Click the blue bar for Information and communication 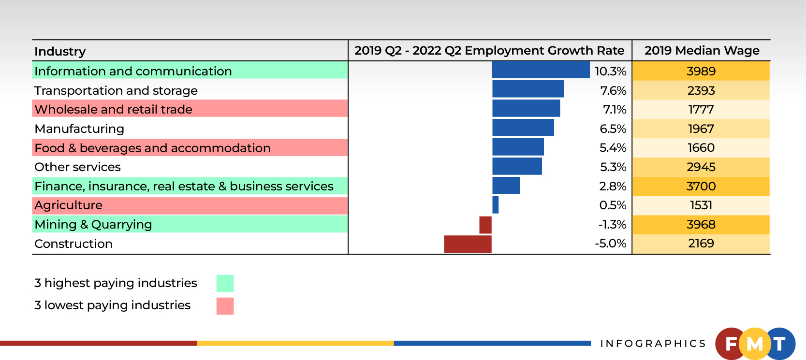point(541,70)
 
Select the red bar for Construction point(468,244)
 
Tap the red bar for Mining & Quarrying point(485,225)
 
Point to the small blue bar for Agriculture point(495,205)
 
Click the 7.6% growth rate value point(613,90)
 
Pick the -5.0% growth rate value point(610,243)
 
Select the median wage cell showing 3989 point(701,71)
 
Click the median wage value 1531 point(701,205)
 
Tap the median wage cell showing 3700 point(701,186)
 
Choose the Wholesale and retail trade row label point(114,109)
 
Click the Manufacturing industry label point(79,129)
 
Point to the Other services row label point(77,167)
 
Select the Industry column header point(60,51)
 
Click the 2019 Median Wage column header point(702,50)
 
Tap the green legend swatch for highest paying point(225,283)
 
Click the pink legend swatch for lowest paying point(225,306)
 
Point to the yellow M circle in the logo point(755,344)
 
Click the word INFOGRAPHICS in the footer point(653,344)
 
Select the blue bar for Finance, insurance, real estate point(506,186)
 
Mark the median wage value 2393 point(701,90)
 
